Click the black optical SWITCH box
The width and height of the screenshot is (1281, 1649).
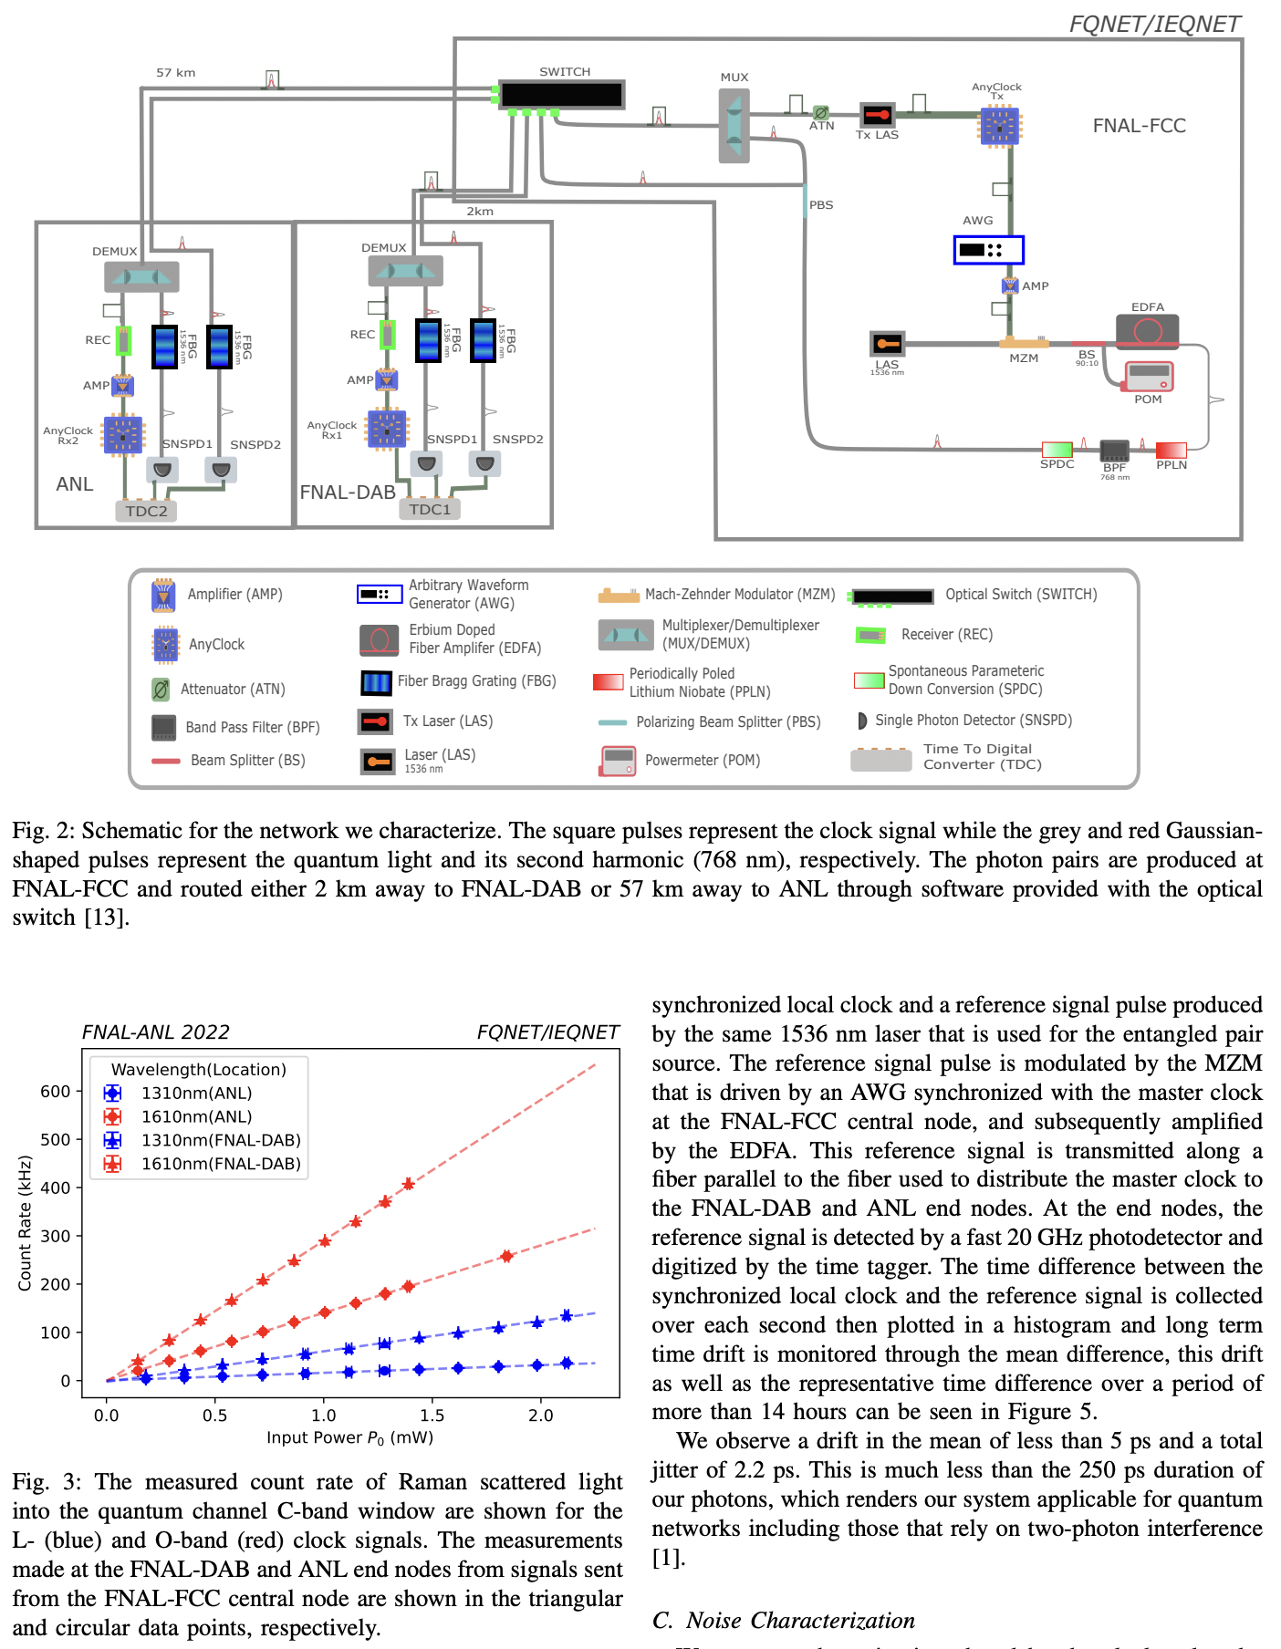[x=561, y=94]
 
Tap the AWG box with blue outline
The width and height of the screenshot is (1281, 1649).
[x=988, y=249]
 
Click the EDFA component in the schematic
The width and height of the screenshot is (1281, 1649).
[x=1147, y=330]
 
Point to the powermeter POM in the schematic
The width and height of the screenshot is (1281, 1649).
[x=1148, y=377]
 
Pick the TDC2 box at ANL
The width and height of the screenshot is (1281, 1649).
[x=146, y=511]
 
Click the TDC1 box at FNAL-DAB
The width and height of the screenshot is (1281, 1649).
[x=429, y=509]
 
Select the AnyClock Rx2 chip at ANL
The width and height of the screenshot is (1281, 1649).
[x=123, y=434]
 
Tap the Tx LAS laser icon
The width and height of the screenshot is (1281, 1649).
[x=878, y=115]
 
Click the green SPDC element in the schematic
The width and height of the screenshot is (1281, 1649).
[x=1057, y=449]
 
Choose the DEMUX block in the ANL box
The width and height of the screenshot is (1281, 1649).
[x=141, y=275]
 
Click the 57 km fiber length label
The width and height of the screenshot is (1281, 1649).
[x=175, y=73]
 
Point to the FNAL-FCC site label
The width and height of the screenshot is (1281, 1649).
[x=1139, y=126]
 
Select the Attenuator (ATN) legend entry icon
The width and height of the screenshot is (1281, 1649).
[x=161, y=690]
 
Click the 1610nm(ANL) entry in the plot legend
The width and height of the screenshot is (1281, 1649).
[x=196, y=1116]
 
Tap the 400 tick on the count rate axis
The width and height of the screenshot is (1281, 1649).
[x=55, y=1187]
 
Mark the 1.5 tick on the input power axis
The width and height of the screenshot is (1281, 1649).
[x=432, y=1416]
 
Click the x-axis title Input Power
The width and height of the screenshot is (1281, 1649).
[x=349, y=1438]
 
